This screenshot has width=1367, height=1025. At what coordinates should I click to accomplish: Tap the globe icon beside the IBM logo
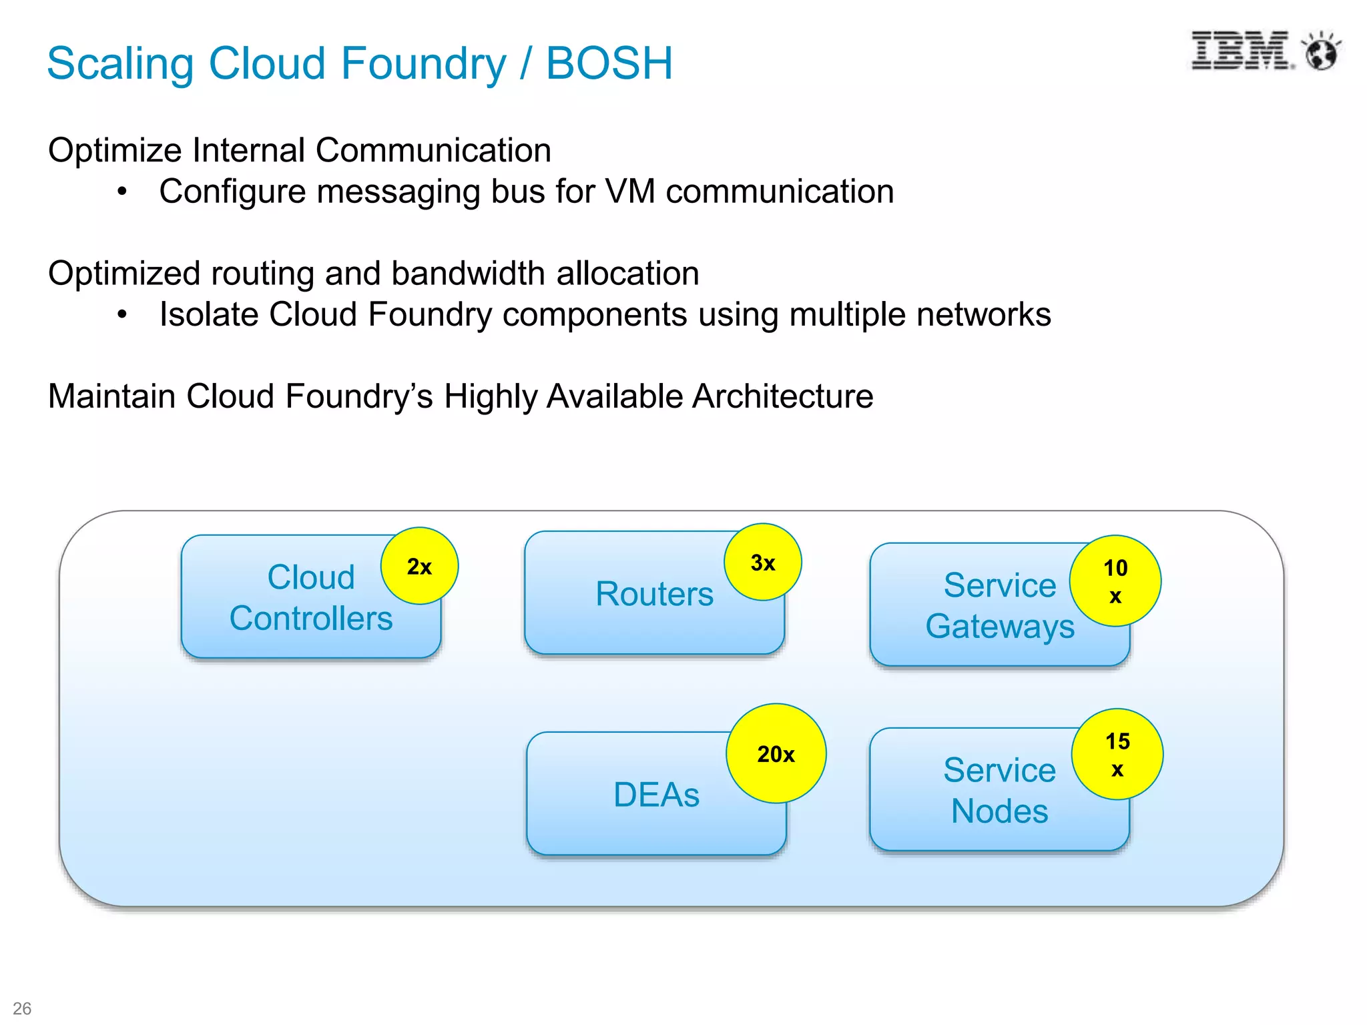1322,52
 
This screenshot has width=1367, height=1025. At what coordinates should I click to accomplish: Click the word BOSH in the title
609,64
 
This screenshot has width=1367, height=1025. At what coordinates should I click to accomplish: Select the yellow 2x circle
419,566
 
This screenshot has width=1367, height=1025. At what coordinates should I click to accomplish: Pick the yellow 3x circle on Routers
762,562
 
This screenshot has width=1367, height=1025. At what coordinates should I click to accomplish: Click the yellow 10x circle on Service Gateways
1115,581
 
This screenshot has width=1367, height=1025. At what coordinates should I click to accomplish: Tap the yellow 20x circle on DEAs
776,753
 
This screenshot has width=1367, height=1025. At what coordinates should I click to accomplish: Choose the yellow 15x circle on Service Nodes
1117,754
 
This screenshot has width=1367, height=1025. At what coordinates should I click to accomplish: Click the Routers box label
654,594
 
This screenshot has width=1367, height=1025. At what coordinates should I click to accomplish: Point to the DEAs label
656,795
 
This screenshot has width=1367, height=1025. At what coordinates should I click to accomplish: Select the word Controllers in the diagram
311,619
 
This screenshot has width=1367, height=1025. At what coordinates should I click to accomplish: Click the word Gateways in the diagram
999,627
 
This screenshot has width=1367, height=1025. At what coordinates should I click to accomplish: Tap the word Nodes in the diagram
999,811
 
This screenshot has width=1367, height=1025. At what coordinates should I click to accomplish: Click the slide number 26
22,1008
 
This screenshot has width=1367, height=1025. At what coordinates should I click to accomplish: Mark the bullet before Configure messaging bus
121,192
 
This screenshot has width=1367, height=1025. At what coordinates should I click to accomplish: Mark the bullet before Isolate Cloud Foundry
121,314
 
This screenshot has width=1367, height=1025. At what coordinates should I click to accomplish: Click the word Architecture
782,396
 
